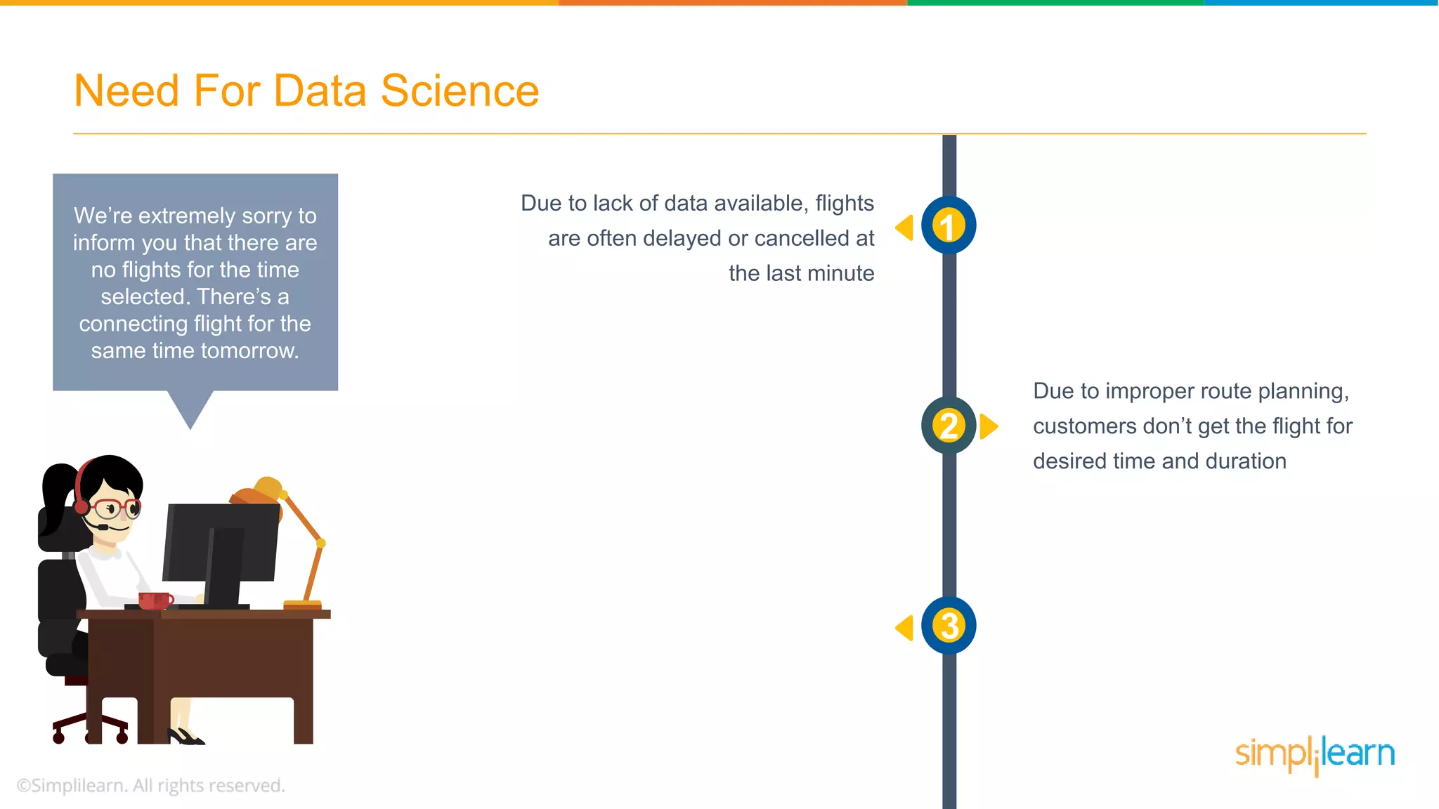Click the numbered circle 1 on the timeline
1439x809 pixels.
(949, 225)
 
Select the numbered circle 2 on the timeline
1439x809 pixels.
(949, 426)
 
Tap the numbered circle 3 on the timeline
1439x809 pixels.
(949, 626)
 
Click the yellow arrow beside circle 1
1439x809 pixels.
(905, 228)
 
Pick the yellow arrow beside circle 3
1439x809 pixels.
(905, 627)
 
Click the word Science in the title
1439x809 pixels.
(460, 91)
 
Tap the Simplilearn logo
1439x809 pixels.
(1315, 754)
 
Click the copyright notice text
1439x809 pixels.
(150, 785)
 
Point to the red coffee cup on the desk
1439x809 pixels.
(154, 600)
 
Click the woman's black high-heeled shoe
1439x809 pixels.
(186, 737)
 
